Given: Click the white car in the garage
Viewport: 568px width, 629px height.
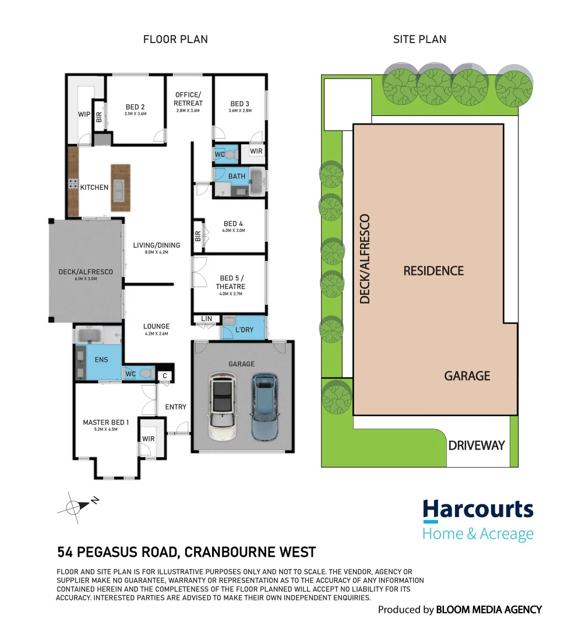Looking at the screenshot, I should (222, 401).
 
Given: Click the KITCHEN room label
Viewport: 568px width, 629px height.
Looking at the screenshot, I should (94, 188).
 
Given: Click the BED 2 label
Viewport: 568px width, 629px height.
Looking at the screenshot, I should (135, 107).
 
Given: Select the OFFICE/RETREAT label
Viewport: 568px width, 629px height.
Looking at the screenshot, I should (188, 99).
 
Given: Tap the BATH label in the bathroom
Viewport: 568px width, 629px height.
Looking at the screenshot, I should (237, 176).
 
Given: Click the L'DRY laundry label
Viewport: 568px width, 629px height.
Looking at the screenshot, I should (245, 330).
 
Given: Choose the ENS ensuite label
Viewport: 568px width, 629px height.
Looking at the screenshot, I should (101, 361).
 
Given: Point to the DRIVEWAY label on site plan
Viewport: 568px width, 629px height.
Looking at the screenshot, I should (476, 446).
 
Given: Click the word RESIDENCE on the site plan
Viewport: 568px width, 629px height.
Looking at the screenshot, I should (433, 271).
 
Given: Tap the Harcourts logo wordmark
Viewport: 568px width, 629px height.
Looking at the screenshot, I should (478, 510).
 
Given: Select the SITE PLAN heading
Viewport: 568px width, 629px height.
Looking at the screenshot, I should (419, 40).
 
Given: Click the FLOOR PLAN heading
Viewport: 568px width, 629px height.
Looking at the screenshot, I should (175, 40).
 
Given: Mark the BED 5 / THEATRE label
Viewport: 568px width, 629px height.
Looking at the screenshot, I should (231, 282).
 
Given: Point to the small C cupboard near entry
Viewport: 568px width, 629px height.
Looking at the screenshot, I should (165, 377).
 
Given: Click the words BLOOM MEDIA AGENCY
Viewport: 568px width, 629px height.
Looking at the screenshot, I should (489, 610).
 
